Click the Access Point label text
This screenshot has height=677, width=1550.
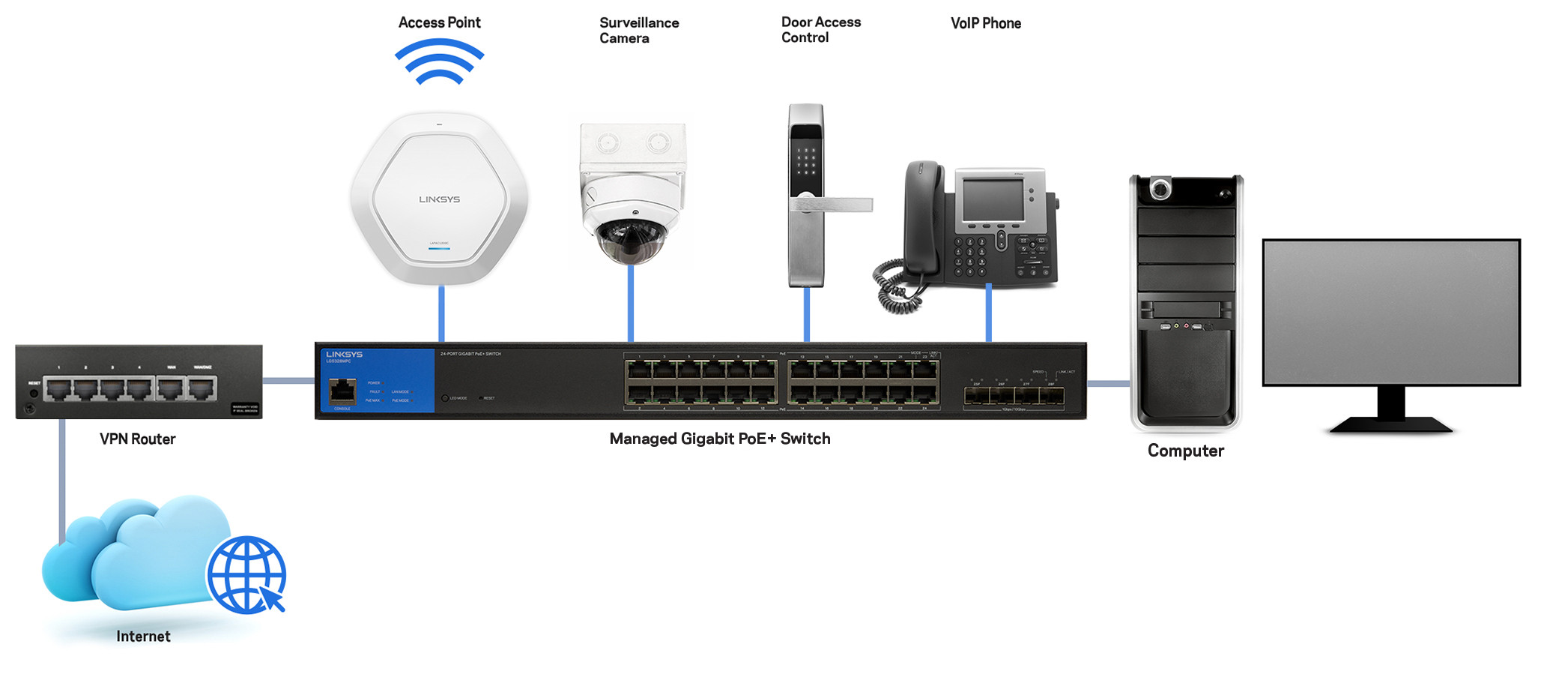click(x=439, y=22)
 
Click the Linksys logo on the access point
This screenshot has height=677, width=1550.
click(x=439, y=199)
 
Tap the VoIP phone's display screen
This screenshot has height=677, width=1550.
click(x=993, y=200)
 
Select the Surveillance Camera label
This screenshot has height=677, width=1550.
click(x=638, y=30)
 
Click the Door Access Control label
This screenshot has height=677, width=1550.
click(x=820, y=30)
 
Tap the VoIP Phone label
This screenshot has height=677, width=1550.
click(x=985, y=23)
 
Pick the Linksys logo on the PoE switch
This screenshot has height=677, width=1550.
click(x=344, y=354)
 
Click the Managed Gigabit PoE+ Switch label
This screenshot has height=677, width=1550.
click(x=719, y=439)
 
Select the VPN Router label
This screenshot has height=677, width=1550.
click(x=137, y=439)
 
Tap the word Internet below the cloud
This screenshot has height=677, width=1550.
click(x=143, y=637)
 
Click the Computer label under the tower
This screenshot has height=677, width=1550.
click(x=1185, y=451)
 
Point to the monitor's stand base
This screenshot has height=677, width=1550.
click(x=1391, y=425)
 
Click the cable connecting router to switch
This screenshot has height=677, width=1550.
click(x=288, y=381)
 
